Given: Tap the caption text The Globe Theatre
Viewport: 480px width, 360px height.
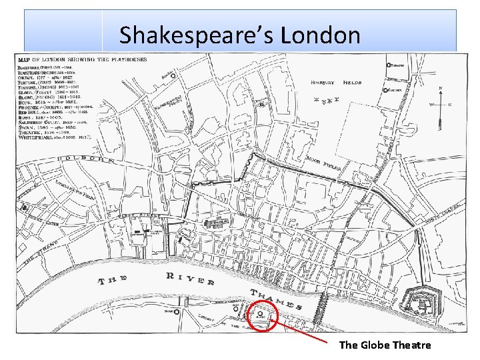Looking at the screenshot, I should pos(385,345).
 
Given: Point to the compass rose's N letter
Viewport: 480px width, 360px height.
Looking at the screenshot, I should pos(440,89).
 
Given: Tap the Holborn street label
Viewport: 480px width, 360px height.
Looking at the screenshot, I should pos(86,160).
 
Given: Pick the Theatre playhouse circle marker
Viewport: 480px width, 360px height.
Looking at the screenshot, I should pos(388,65).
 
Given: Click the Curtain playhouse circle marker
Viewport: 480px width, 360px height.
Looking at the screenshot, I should pos(385,91).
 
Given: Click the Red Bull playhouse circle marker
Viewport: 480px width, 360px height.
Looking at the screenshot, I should pos(173,76).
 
